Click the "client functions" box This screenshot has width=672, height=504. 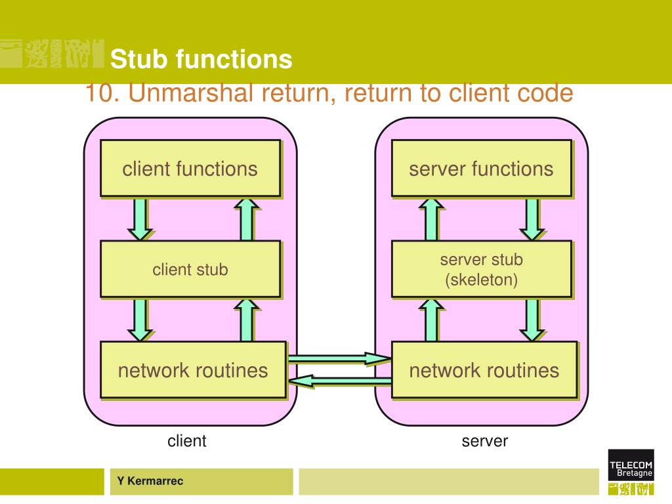pyautogui.click(x=190, y=169)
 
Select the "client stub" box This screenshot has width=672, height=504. pyautogui.click(x=190, y=269)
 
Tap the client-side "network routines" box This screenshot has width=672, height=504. pyautogui.click(x=194, y=370)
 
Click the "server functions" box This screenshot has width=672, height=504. pyautogui.click(x=482, y=169)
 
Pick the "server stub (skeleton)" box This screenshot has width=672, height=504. pyautogui.click(x=482, y=269)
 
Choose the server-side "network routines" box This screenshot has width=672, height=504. pyautogui.click(x=485, y=370)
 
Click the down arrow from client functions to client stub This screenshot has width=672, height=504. pyautogui.click(x=140, y=219)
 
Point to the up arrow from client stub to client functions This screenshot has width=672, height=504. pyautogui.click(x=247, y=219)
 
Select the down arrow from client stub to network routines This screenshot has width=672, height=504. pyautogui.click(x=140, y=320)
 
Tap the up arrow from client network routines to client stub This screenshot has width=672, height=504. pyautogui.click(x=247, y=320)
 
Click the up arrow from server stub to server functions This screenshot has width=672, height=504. pyautogui.click(x=432, y=219)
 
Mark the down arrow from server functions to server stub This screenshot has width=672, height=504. pyautogui.click(x=532, y=219)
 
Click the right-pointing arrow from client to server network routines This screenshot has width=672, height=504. pyautogui.click(x=340, y=358)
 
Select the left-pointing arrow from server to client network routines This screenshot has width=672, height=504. pyautogui.click(x=340, y=381)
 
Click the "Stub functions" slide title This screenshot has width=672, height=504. pyautogui.click(x=201, y=59)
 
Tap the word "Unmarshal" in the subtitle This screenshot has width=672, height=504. pyautogui.click(x=191, y=93)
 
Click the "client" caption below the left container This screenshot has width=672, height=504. pyautogui.click(x=187, y=440)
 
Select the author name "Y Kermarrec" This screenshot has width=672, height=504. pyautogui.click(x=150, y=481)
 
